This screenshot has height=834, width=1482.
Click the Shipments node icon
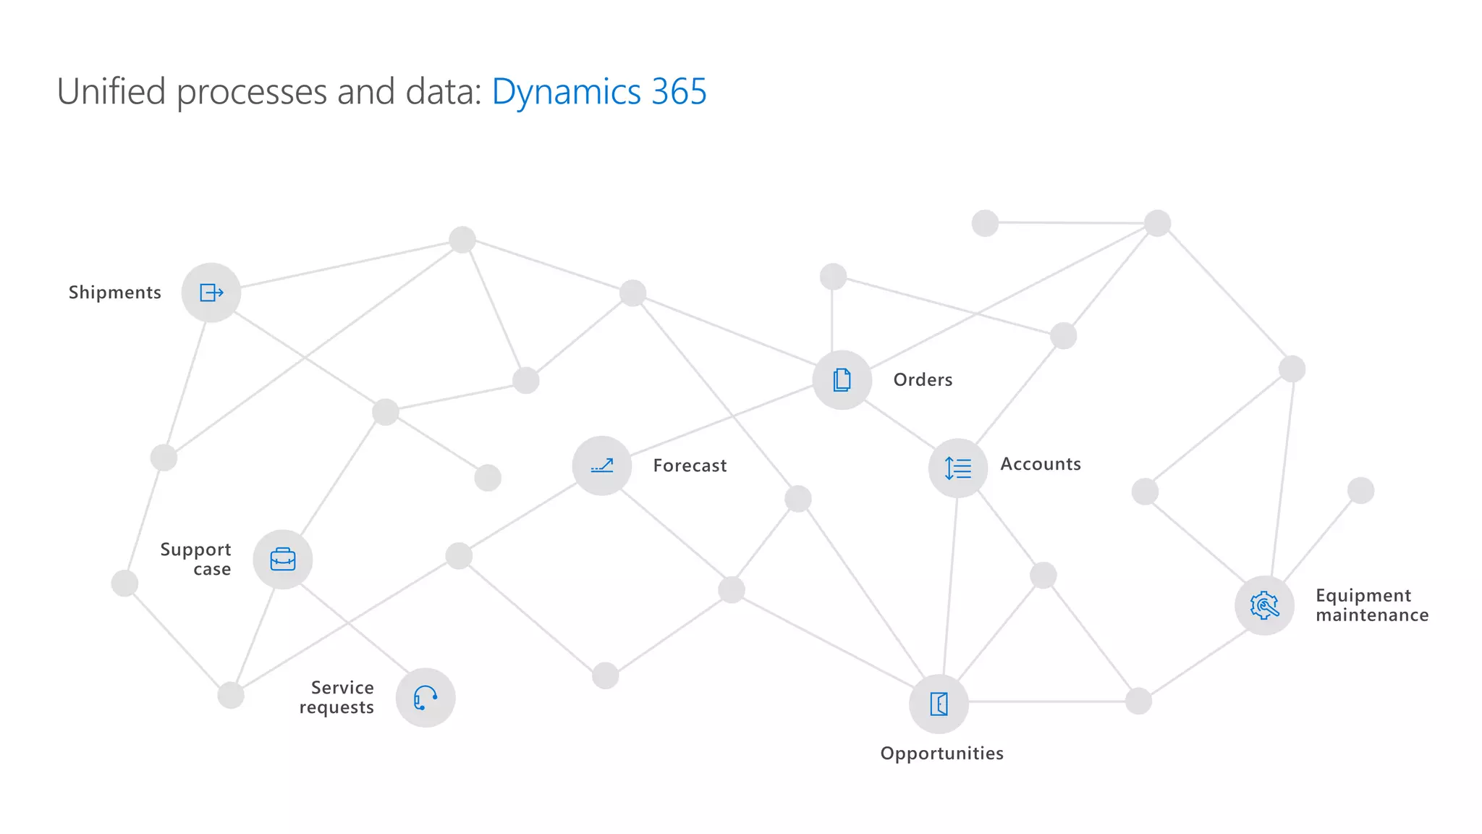click(x=211, y=292)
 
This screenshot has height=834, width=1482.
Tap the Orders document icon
click(x=842, y=380)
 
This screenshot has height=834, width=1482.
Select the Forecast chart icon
click(x=602, y=466)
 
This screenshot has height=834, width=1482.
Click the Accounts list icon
click(x=958, y=468)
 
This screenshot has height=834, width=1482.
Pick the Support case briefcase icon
click(x=283, y=560)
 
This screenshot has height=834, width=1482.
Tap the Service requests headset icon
click(x=425, y=698)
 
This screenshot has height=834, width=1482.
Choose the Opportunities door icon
click(x=939, y=704)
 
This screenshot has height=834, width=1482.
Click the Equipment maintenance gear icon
click(x=1264, y=605)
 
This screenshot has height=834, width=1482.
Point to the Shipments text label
click(x=115, y=292)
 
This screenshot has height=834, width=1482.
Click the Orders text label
click(x=923, y=380)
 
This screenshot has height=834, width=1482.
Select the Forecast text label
click(x=690, y=466)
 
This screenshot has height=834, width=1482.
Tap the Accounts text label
click(x=1041, y=464)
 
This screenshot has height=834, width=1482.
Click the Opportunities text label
click(x=941, y=754)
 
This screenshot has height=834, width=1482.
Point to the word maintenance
click(x=1372, y=615)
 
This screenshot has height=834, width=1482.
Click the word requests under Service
click(x=336, y=707)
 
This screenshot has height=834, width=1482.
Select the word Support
click(x=195, y=549)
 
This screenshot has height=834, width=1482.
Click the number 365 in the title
click(x=678, y=92)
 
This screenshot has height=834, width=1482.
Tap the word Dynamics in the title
click(x=566, y=92)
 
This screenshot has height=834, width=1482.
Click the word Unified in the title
click(x=111, y=92)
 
